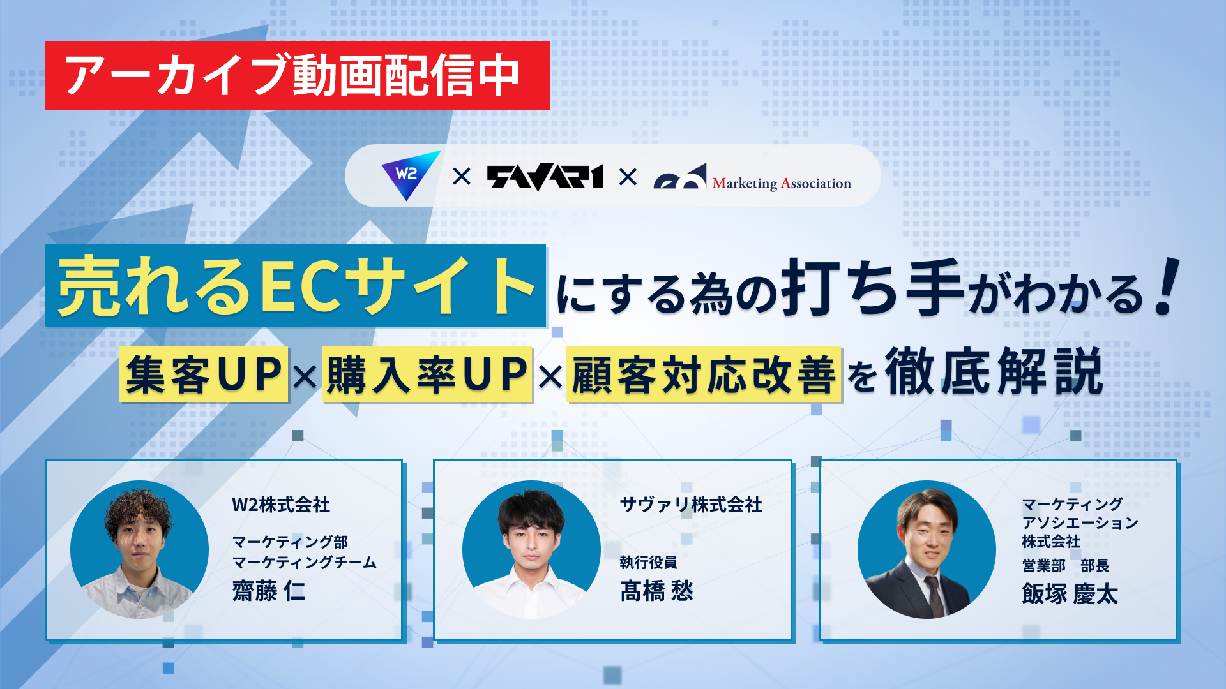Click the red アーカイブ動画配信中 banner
click(297, 76)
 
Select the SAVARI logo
click(545, 177)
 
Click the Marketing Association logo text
click(781, 184)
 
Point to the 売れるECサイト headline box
click(296, 286)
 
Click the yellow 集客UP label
click(204, 374)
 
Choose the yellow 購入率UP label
click(427, 374)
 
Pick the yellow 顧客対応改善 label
click(704, 374)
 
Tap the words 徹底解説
click(994, 373)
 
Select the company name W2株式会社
click(281, 505)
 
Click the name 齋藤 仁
click(269, 591)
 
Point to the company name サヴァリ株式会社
click(691, 505)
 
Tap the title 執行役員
click(648, 562)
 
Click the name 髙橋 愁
click(656, 591)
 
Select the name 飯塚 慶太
click(1070, 594)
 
